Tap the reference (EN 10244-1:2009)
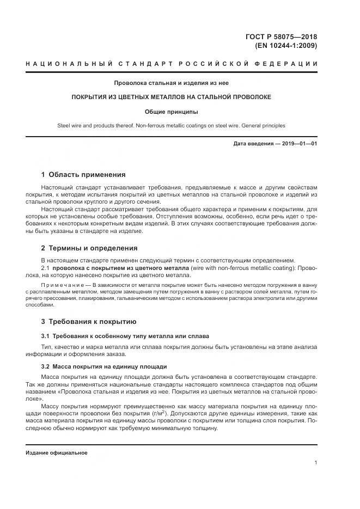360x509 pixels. (x=286, y=46)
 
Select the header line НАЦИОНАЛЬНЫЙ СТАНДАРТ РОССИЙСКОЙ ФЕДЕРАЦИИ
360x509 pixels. (x=172, y=64)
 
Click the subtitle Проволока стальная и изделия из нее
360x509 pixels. (x=172, y=83)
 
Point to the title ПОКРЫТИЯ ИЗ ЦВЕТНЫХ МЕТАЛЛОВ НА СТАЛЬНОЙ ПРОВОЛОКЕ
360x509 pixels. (x=172, y=97)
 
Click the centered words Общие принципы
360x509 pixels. (x=172, y=112)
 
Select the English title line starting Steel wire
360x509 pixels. (x=172, y=125)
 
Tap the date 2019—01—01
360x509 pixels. (x=298, y=144)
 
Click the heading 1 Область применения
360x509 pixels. (x=83, y=175)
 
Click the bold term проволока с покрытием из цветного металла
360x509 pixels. (x=120, y=268)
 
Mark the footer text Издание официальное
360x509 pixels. (x=57, y=453)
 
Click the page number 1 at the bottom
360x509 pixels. (x=316, y=463)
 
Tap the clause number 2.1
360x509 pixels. (x=46, y=268)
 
